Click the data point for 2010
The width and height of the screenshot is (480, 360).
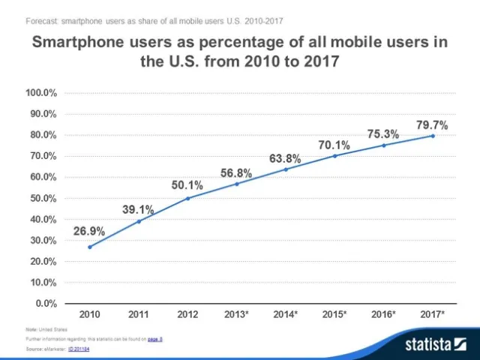[90, 247]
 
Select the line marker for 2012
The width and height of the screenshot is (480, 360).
[187, 198]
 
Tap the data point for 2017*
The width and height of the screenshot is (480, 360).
[433, 136]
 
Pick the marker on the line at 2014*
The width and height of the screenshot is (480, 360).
[286, 169]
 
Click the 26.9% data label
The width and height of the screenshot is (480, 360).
[89, 231]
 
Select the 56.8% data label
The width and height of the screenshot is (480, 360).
[236, 172]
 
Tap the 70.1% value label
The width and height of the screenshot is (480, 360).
[334, 145]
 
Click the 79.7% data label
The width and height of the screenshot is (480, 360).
[433, 124]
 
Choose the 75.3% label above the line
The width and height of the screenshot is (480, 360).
[383, 133]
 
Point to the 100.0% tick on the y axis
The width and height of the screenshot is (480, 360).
[42, 93]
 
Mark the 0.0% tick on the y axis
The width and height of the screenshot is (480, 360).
[46, 304]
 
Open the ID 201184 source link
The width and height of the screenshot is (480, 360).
[79, 349]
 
